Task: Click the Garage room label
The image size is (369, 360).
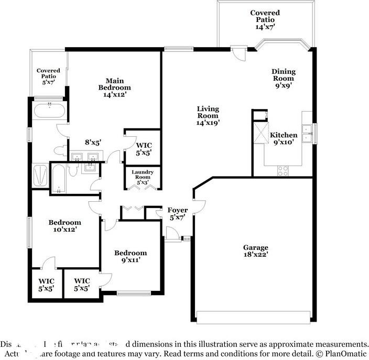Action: [x=255, y=251]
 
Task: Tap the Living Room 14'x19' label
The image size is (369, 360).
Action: [x=208, y=115]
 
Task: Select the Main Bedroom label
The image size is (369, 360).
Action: [x=114, y=88]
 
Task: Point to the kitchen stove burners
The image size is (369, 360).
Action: [x=283, y=170]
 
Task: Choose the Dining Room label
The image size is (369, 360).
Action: [x=283, y=78]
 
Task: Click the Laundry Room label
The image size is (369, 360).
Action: [x=142, y=177]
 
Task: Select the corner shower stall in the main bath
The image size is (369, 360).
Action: [x=40, y=175]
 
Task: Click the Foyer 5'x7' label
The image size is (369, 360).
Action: [x=177, y=214]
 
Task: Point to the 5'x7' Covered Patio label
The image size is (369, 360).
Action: [x=48, y=77]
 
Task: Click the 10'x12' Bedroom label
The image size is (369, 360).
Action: [x=65, y=226]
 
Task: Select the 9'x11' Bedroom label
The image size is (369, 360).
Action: [x=131, y=256]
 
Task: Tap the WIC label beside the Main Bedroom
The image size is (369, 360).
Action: [x=144, y=149]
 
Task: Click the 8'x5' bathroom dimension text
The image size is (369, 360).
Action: [x=93, y=141]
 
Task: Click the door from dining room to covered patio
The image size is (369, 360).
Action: [x=238, y=53]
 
